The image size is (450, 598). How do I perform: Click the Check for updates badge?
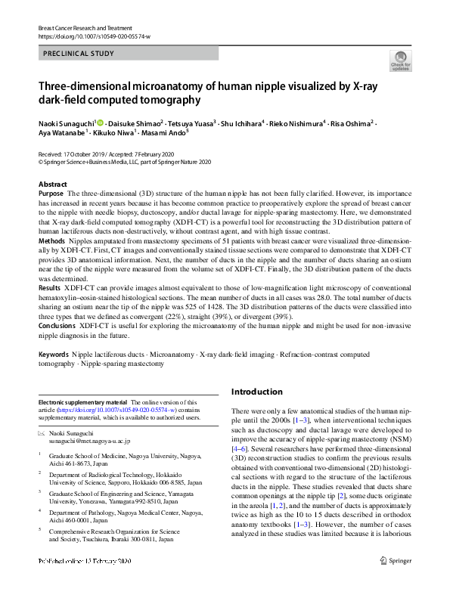[x=400, y=60]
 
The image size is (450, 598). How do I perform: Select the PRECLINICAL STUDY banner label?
[x=79, y=54]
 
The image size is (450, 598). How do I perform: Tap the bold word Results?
[x=50, y=289]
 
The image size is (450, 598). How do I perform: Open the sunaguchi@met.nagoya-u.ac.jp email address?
[x=90, y=440]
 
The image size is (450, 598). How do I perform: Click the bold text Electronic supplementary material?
[x=82, y=401]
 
